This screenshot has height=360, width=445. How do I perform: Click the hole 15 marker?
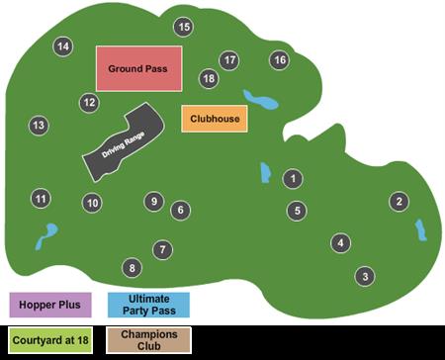click(184, 27)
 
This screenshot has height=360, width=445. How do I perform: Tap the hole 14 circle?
click(63, 46)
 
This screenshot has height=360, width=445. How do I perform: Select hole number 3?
click(365, 276)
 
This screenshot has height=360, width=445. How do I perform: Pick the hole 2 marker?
click(399, 202)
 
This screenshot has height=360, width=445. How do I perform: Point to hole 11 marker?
click(41, 199)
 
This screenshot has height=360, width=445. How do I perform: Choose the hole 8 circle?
click(132, 267)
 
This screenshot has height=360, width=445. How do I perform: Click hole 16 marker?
click(280, 60)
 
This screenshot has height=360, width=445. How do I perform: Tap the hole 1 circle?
click(293, 179)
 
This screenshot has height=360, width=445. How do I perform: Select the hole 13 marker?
click(38, 126)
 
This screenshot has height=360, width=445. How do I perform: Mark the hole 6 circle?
click(180, 210)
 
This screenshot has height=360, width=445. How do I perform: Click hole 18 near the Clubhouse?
click(209, 78)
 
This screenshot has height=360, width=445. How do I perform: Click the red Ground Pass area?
click(138, 68)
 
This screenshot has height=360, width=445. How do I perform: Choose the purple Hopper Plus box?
click(50, 304)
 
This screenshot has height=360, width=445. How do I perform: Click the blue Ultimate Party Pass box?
click(149, 304)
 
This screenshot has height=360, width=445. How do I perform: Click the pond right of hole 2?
click(419, 230)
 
